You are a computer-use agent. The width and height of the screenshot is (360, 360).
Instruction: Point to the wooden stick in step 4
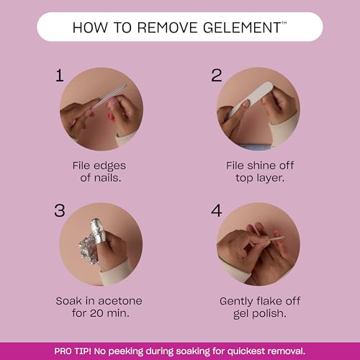(x=276, y=238)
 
